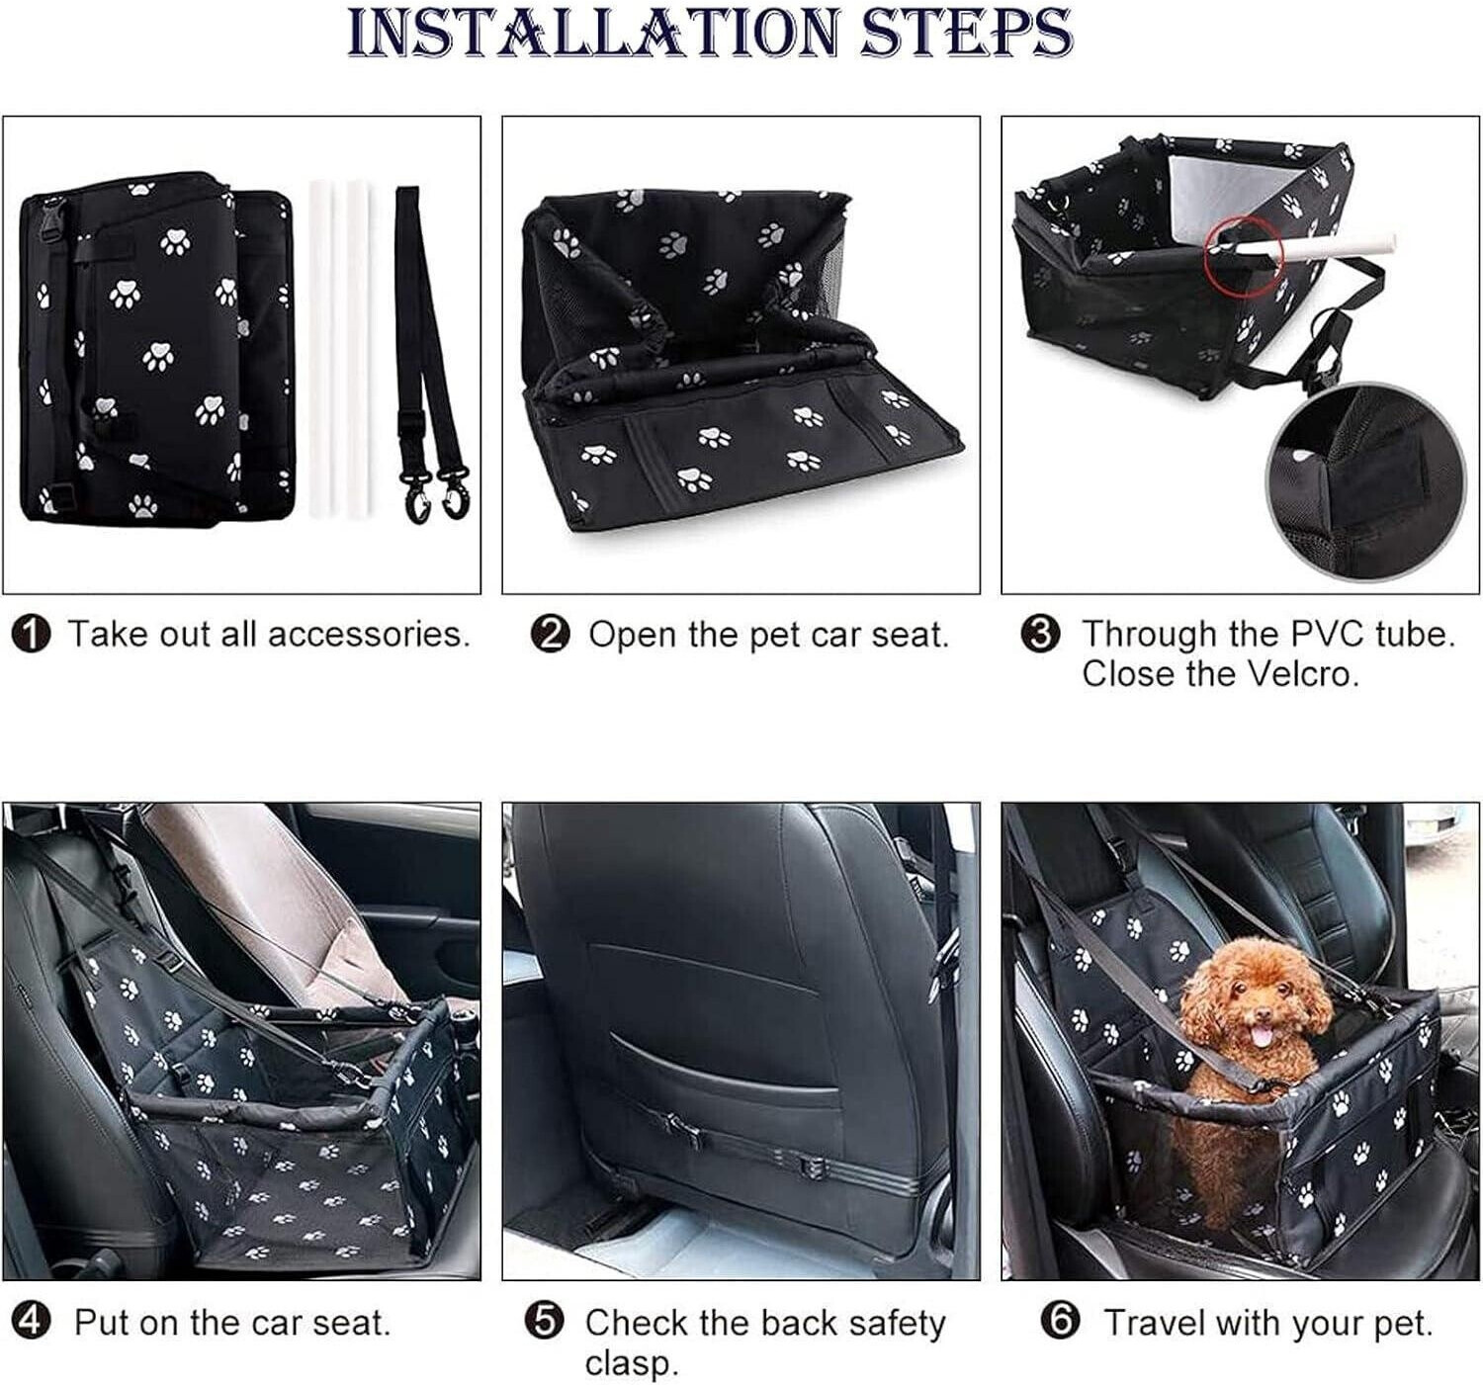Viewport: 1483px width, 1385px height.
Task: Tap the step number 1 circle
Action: (x=32, y=636)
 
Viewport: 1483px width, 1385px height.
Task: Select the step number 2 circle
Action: (x=551, y=636)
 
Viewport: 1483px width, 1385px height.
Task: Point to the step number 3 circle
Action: (x=1040, y=636)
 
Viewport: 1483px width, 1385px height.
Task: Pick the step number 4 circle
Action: (x=32, y=1323)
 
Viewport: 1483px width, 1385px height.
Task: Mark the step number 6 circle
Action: (x=1061, y=1323)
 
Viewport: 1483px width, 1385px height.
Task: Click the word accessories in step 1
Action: (x=369, y=635)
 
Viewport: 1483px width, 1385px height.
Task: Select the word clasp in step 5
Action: (x=632, y=1363)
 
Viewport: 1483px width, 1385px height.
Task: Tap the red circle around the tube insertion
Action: (x=1244, y=256)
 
